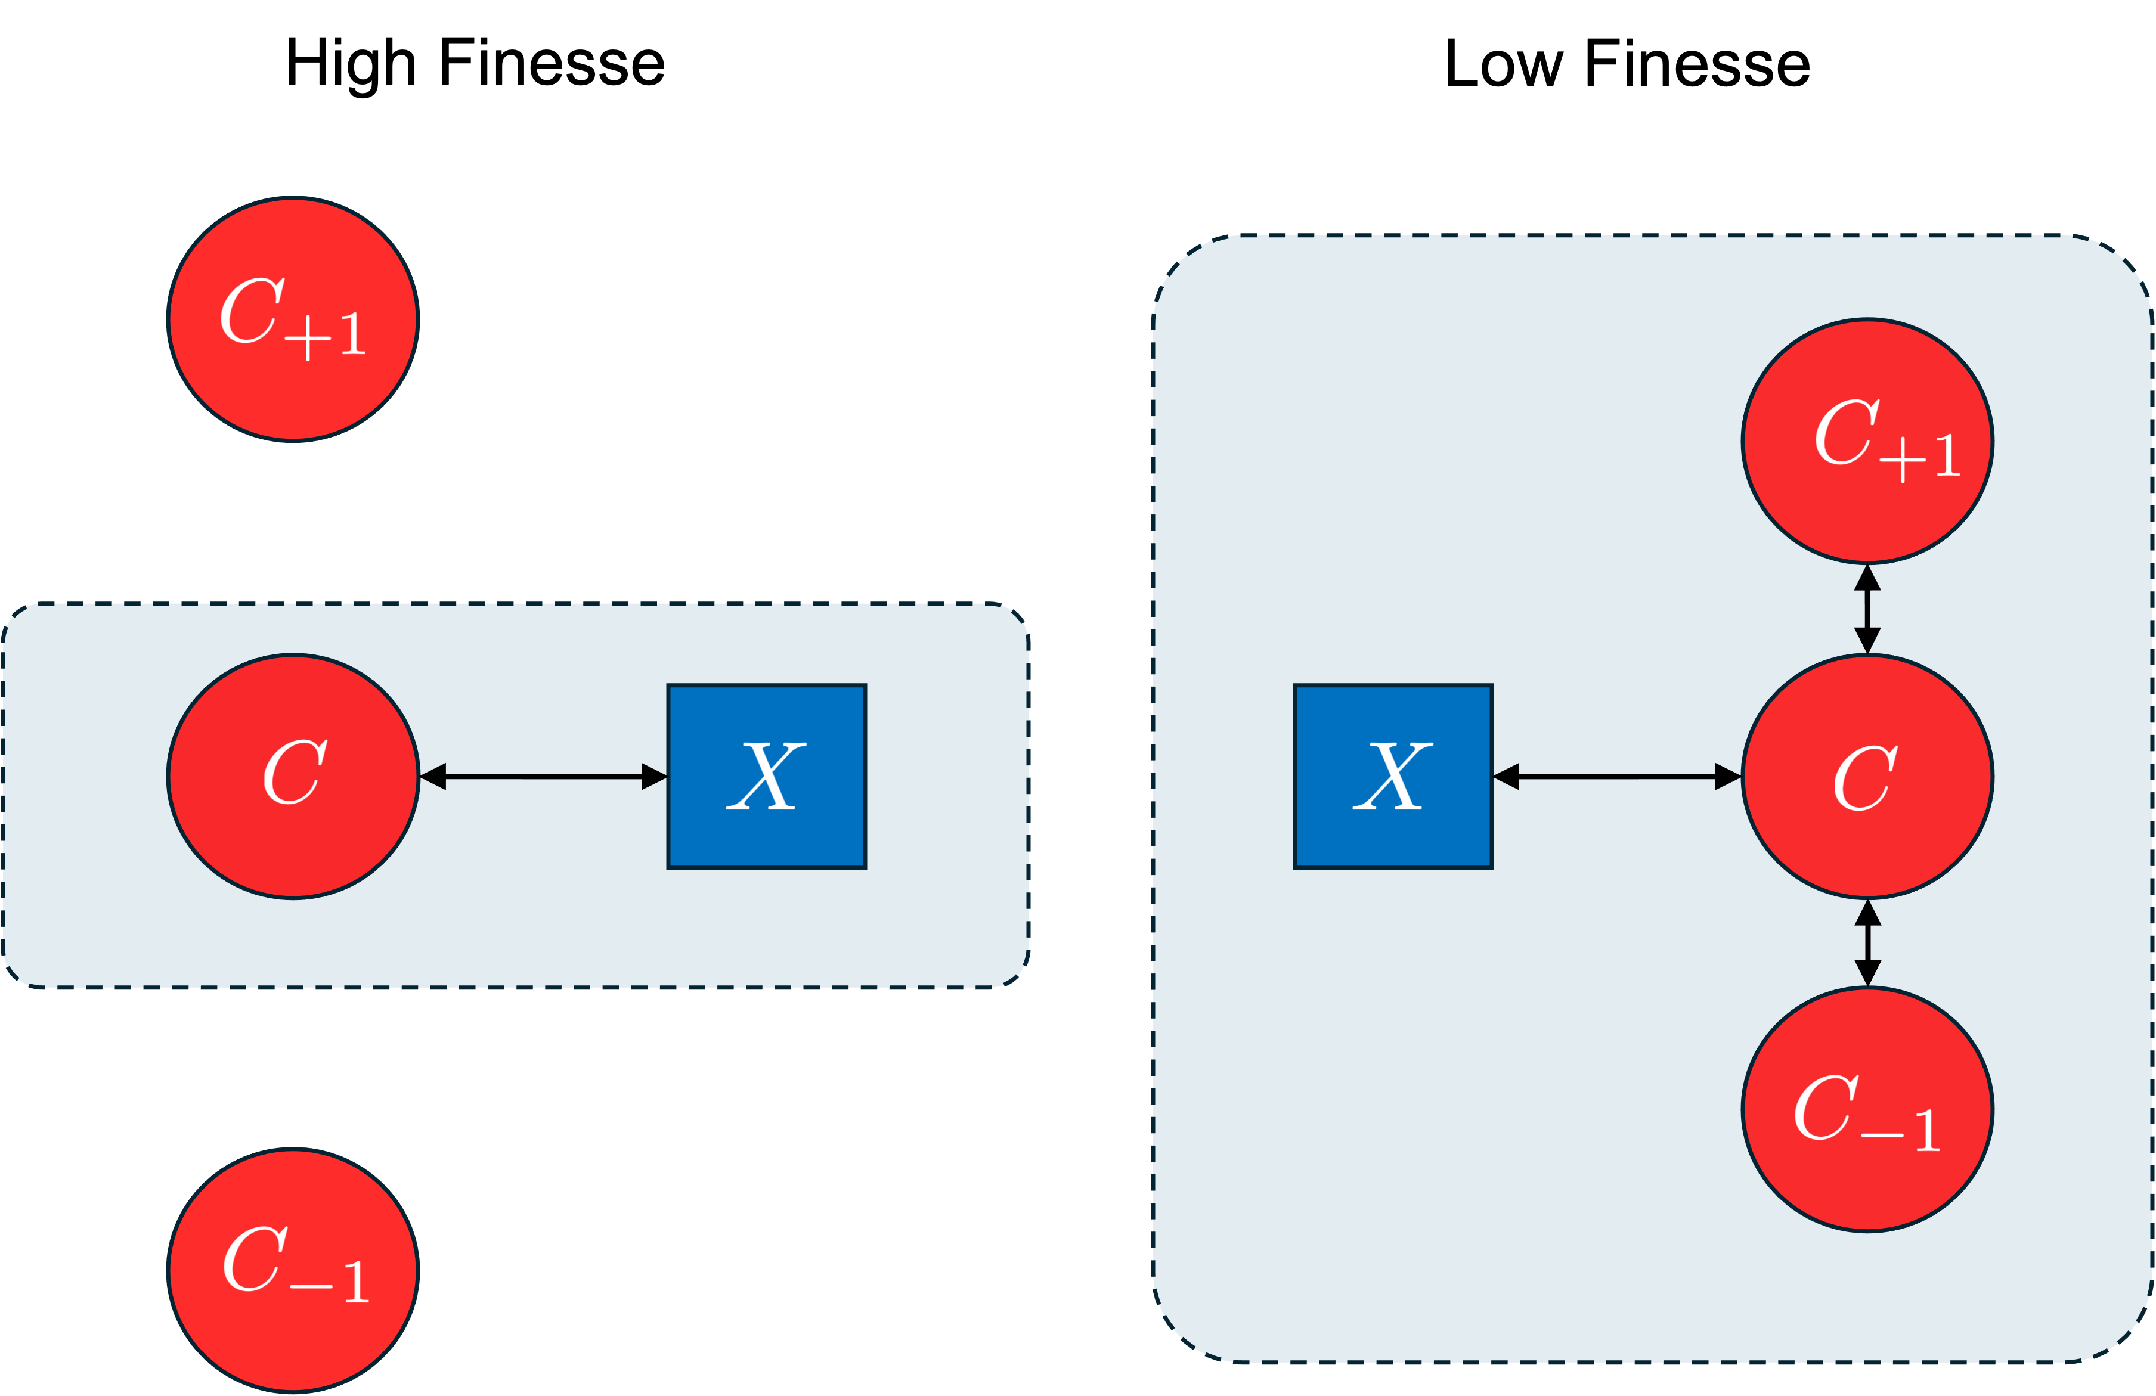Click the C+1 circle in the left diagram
pos(293,319)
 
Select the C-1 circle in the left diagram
pos(293,1270)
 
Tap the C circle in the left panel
pos(293,776)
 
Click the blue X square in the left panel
pos(766,776)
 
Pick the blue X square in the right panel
pos(1393,776)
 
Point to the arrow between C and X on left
pos(544,776)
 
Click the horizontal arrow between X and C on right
pos(1617,776)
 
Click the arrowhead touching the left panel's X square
pos(654,776)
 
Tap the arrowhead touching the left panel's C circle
pos(433,776)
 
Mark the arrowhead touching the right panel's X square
pos(1506,776)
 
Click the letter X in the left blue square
pos(766,776)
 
